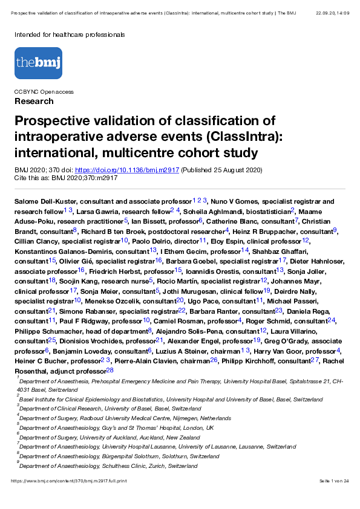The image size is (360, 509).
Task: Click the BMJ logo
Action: [38, 63]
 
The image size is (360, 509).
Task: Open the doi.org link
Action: [126, 170]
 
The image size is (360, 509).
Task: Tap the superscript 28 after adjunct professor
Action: [110, 369]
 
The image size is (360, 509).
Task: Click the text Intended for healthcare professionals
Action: [70, 34]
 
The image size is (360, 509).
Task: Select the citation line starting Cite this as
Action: [66, 178]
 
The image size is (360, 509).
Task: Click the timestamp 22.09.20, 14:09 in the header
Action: [332, 12]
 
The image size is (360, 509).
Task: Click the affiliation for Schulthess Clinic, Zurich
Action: [119, 466]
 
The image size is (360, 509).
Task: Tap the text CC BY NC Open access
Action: [44, 92]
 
